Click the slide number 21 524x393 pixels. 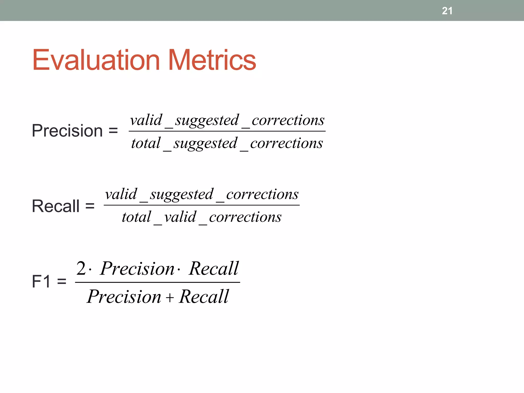[x=447, y=11]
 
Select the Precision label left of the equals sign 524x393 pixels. [x=67, y=131]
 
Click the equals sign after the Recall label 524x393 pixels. [x=90, y=206]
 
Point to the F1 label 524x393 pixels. [x=41, y=281]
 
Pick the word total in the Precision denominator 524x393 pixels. [x=146, y=143]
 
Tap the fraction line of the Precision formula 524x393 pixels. [x=227, y=131]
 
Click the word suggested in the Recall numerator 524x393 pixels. [x=182, y=194]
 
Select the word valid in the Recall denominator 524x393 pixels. [x=180, y=217]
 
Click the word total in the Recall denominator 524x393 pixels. [x=136, y=217]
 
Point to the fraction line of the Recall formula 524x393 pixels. [x=202, y=205]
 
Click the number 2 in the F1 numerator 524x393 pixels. [x=81, y=268]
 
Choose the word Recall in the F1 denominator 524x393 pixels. [x=204, y=297]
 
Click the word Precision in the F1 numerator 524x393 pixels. [x=137, y=269]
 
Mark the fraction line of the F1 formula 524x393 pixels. [x=157, y=282]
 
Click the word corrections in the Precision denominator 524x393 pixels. [x=287, y=143]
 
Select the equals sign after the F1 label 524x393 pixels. [x=62, y=281]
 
